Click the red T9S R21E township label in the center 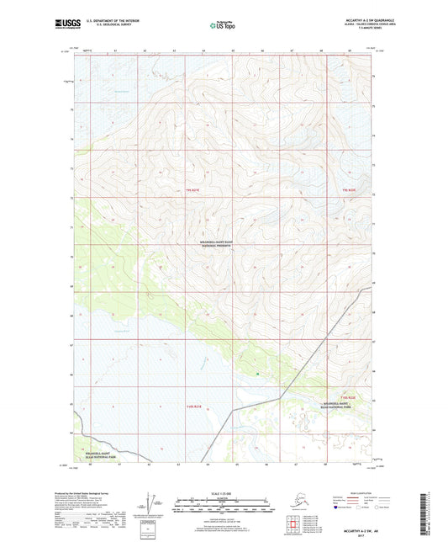click(x=193, y=191)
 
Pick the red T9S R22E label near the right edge click(x=350, y=191)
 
